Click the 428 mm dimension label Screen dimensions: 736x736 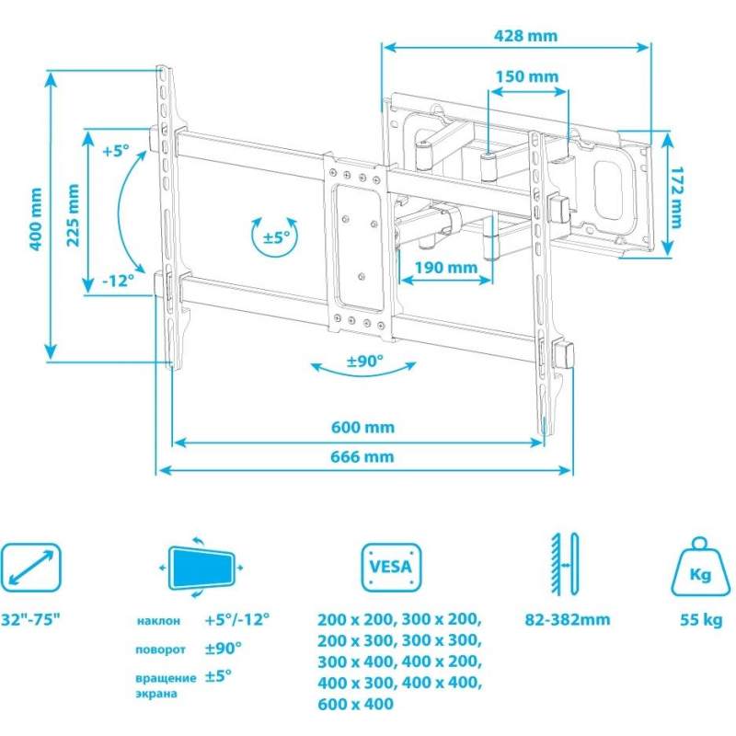tap(525, 36)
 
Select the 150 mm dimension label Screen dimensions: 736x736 tap(527, 76)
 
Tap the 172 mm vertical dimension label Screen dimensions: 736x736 tap(676, 197)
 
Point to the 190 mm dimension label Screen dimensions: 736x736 tap(446, 268)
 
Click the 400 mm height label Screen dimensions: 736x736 tap(36, 219)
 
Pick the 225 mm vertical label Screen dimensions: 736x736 tap(73, 215)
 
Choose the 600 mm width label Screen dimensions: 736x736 tap(362, 427)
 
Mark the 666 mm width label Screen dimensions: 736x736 tap(362, 456)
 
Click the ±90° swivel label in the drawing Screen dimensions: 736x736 tap(365, 361)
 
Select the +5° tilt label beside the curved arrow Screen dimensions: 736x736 tap(116, 151)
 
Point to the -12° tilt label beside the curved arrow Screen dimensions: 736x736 tap(119, 281)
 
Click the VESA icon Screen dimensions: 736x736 tap(391, 567)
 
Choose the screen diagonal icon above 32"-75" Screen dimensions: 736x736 tap(31, 567)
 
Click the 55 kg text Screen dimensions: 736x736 tap(701, 619)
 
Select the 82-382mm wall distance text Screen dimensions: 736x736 tap(568, 619)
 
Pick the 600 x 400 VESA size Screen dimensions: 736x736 tap(355, 704)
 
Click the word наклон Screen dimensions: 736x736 tap(158, 620)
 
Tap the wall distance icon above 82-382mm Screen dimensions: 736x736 tap(566, 564)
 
